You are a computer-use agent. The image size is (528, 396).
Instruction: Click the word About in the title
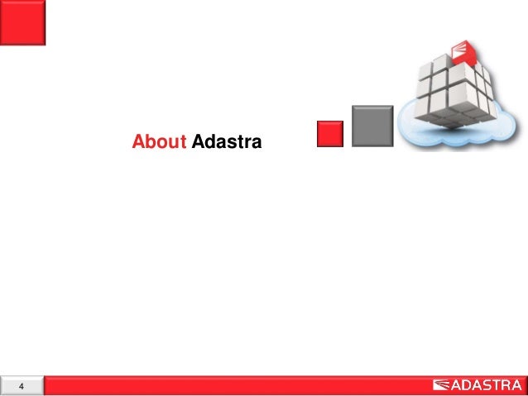tap(159, 143)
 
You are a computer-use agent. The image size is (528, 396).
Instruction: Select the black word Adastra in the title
tap(226, 143)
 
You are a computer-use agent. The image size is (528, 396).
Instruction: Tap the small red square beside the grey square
tap(331, 133)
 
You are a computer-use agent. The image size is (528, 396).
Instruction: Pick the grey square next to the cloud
tap(372, 126)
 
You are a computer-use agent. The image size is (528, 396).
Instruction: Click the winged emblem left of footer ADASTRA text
tap(442, 385)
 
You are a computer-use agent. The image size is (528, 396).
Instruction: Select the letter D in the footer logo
tap(468, 385)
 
